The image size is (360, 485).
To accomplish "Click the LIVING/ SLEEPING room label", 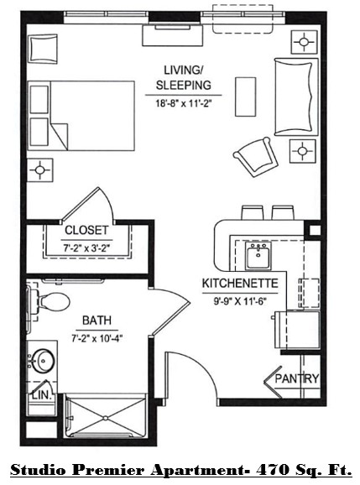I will [182, 77].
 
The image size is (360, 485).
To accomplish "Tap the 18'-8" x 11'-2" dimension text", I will [183, 104].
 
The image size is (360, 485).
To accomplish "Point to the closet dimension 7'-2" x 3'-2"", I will [86, 247].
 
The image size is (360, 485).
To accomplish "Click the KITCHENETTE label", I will [239, 283].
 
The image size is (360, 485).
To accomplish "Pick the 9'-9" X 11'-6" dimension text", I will [240, 299].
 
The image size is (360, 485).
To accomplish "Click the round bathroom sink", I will [43, 361].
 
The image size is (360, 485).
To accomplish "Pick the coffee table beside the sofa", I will [245, 92].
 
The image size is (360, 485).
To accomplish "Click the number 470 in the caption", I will [275, 470].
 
